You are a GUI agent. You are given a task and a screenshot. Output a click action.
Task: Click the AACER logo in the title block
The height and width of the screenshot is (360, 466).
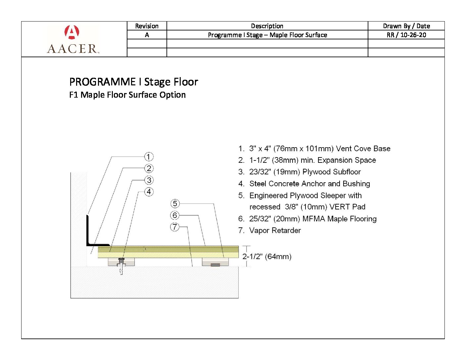coord(73,39)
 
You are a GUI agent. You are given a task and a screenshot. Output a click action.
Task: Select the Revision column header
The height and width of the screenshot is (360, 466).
coord(147,26)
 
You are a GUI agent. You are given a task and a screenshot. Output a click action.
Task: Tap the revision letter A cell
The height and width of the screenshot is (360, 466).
coord(147,35)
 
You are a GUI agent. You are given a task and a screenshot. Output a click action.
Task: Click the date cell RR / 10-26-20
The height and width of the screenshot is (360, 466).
coord(406,35)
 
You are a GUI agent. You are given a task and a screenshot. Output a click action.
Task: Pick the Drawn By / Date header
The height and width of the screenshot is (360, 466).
coord(406,26)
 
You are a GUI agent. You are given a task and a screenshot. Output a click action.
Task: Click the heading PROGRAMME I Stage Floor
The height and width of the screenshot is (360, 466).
coord(133,82)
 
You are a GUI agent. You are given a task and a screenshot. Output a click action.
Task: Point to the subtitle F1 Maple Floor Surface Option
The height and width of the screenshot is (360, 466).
coord(127,95)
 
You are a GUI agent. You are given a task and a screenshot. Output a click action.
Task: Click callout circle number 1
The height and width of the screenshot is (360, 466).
coord(149,157)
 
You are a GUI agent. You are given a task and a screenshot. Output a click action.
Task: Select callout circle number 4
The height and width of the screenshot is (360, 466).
coord(149,192)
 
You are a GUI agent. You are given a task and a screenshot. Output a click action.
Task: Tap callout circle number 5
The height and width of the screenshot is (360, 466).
coord(175,203)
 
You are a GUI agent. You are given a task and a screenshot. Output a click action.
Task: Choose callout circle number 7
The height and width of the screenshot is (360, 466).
coord(175,227)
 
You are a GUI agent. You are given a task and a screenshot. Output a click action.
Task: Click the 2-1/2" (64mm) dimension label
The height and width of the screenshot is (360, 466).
coord(267,256)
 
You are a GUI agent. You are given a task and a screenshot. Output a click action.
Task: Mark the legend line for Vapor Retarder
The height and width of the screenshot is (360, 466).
coord(270,230)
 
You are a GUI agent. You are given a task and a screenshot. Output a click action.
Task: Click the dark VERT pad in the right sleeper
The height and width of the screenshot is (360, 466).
coord(215,265)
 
